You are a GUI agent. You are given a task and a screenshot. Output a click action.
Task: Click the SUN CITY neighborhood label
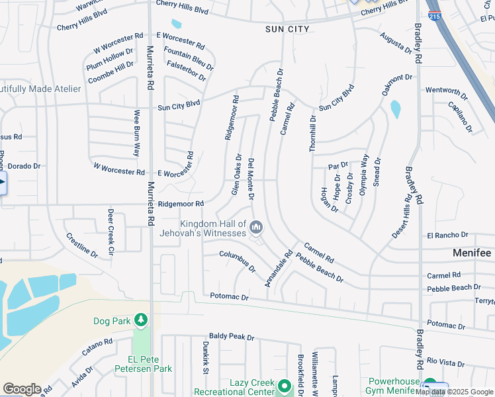288,29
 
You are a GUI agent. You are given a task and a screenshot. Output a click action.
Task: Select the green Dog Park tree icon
140,321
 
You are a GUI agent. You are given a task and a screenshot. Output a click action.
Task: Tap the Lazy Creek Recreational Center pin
285,385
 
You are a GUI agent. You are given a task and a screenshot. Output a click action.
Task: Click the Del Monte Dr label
251,179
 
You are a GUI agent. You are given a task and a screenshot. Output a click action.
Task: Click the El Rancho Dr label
447,235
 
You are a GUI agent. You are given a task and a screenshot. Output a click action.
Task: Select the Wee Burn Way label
137,133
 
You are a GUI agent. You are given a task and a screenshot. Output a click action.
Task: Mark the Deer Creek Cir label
111,232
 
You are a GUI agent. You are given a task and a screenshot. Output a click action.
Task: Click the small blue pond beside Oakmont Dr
396,109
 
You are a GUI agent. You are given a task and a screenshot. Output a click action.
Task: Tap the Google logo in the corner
22,389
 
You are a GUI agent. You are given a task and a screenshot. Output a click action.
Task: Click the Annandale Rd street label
279,267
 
